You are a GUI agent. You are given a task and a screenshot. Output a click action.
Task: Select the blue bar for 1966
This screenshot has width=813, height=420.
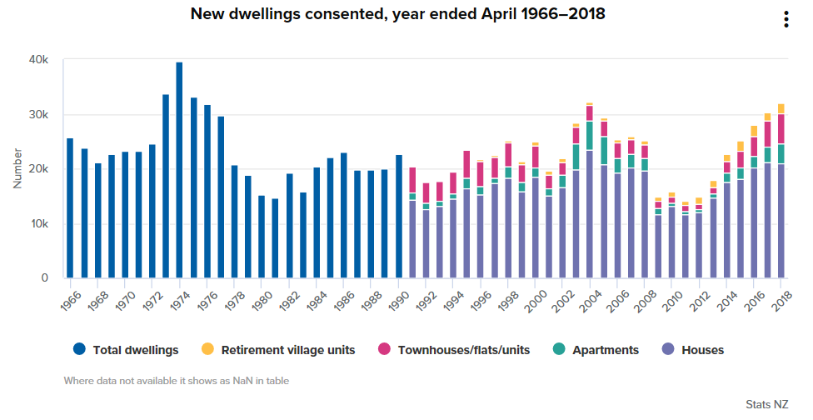point(70,208)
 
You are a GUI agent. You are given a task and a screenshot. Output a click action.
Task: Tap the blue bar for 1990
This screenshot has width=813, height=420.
point(399,217)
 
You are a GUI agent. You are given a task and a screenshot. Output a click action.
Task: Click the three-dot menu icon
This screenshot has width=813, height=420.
point(786,20)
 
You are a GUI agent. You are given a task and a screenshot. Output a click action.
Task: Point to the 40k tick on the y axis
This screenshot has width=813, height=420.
point(39,61)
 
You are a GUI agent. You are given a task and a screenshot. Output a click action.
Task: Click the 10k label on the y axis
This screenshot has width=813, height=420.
point(39,224)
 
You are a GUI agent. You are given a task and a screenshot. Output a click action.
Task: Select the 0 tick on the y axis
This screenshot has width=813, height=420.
point(44,278)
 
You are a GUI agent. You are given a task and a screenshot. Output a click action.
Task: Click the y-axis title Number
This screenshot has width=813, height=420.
point(17,169)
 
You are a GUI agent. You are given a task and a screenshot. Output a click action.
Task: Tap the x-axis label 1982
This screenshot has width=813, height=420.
point(284,299)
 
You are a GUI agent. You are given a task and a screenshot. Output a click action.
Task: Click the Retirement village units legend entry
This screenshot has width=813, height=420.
point(278,350)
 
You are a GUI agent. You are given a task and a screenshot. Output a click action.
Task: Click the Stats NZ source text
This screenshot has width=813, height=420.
point(766,404)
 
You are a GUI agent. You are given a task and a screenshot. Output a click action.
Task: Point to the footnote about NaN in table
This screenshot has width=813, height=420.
point(177,381)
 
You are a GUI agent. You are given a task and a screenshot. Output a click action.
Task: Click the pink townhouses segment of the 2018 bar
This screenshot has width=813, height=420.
point(781,128)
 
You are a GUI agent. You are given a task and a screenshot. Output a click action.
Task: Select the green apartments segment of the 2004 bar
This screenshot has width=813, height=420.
point(590,136)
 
